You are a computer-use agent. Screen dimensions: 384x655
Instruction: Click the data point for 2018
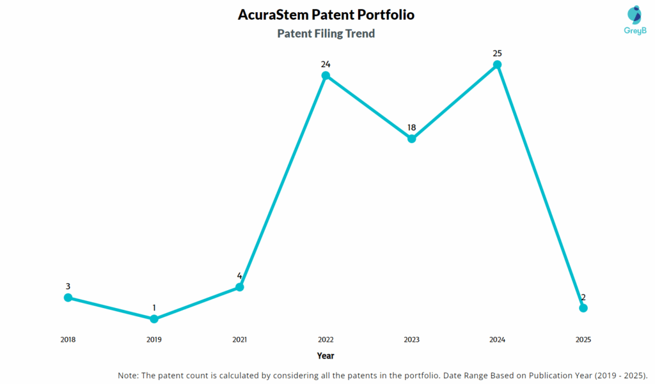point(68,298)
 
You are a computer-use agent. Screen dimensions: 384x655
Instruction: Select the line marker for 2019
point(154,319)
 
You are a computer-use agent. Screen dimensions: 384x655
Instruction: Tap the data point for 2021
point(240,287)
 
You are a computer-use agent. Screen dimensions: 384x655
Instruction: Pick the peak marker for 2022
point(326,75)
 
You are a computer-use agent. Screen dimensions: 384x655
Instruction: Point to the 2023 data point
point(412,139)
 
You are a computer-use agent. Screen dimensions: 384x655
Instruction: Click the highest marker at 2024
point(497,65)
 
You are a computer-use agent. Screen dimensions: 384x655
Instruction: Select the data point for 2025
point(583,308)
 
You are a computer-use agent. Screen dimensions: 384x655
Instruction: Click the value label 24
point(326,64)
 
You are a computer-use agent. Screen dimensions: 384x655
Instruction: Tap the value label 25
point(497,53)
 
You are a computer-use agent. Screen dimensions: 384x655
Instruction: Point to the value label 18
point(412,127)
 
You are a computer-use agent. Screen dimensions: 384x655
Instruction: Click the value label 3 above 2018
point(68,286)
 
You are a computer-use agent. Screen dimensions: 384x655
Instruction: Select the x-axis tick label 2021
point(240,340)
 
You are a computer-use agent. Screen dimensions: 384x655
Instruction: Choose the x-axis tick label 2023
point(412,340)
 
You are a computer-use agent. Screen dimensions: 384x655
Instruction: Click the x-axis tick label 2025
point(583,340)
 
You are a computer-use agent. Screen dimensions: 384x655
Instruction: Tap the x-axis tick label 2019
point(154,340)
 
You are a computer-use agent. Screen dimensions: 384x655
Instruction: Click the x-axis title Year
point(326,355)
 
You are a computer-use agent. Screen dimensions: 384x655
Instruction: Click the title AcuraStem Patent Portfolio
point(326,14)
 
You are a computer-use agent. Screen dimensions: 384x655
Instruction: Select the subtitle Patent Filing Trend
point(326,33)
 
